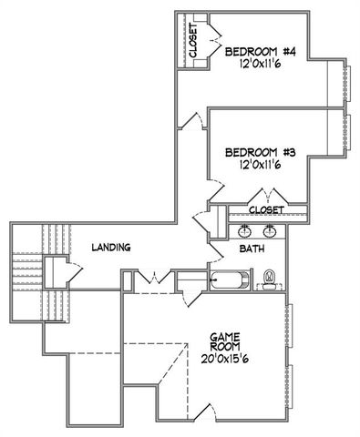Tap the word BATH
252,248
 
